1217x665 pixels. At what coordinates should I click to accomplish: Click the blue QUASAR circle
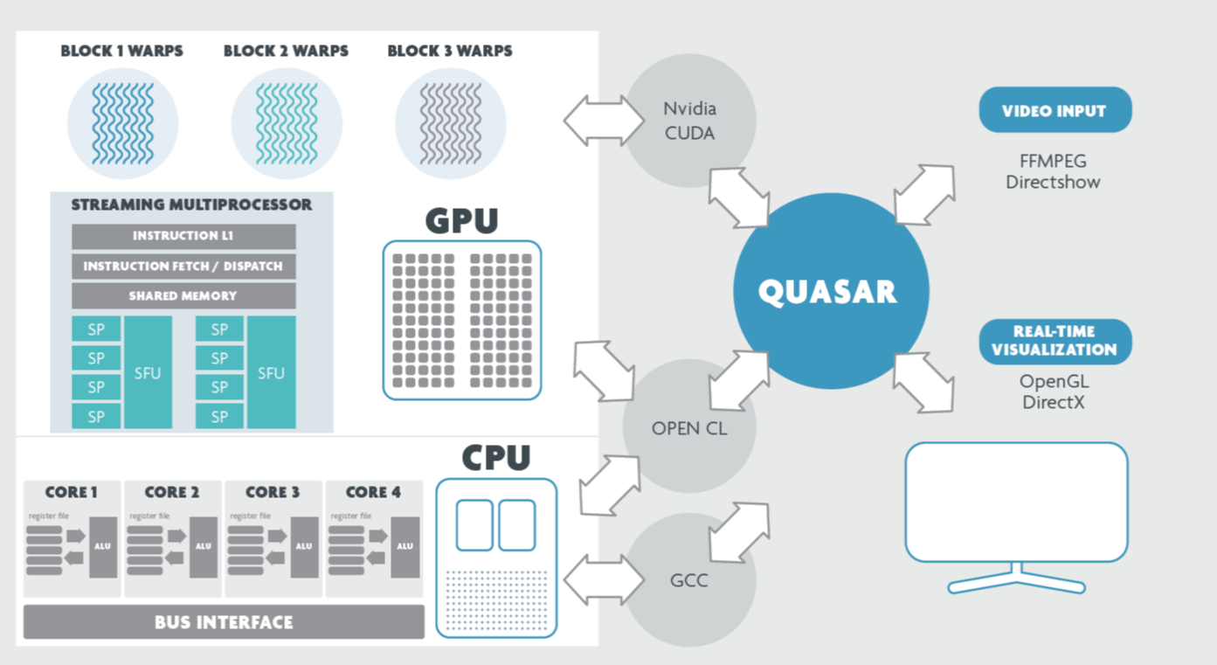[x=830, y=291]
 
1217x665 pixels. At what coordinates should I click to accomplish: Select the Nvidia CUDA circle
[x=689, y=121]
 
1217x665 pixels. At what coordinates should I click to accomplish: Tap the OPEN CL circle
[x=689, y=428]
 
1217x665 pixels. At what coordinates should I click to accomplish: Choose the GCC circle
[x=689, y=580]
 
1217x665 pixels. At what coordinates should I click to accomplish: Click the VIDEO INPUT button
[x=1055, y=111]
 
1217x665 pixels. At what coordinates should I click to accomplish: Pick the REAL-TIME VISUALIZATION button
[x=1055, y=341]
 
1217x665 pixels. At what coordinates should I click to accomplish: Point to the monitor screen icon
[x=1016, y=502]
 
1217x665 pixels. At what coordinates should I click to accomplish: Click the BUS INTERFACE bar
[x=224, y=622]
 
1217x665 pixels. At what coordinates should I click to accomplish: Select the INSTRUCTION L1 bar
[x=183, y=236]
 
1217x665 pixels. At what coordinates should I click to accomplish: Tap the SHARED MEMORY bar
[x=183, y=296]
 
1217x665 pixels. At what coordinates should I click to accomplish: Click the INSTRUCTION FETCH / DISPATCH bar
[x=183, y=266]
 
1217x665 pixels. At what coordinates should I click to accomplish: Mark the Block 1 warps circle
[x=123, y=124]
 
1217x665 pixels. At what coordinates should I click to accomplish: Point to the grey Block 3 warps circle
[x=451, y=124]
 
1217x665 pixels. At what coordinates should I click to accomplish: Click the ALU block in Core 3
[x=304, y=546]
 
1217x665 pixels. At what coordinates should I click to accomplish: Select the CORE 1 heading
[x=72, y=492]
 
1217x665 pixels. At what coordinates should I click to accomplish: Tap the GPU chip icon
[x=462, y=321]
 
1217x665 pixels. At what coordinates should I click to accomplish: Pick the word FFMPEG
[x=1053, y=162]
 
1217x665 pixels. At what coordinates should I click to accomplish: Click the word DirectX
[x=1054, y=403]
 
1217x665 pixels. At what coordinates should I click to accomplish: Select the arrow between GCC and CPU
[x=604, y=580]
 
